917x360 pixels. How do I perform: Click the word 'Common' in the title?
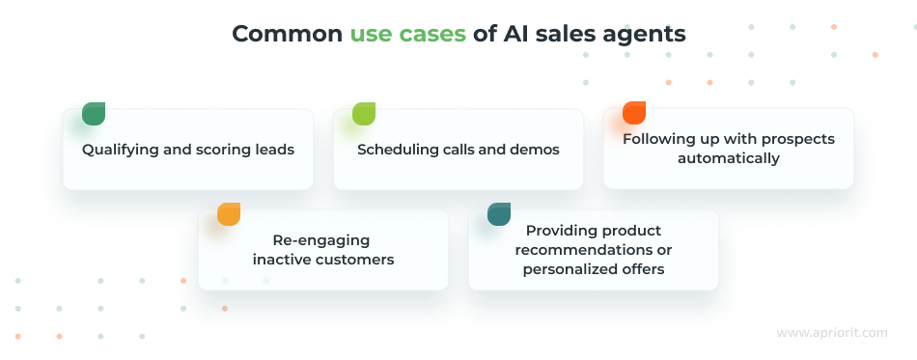[287, 34]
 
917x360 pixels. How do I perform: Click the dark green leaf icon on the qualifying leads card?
[94, 114]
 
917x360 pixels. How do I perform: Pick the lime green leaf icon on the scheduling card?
[364, 114]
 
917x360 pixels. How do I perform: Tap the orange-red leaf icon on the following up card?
[634, 113]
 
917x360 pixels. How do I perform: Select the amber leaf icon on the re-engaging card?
[229, 214]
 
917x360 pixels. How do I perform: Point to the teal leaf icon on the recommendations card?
[499, 214]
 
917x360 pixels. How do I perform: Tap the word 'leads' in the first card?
[274, 150]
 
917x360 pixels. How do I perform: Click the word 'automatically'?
[728, 158]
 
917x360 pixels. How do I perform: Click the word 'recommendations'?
[593, 250]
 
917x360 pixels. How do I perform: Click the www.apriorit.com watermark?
[831, 333]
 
